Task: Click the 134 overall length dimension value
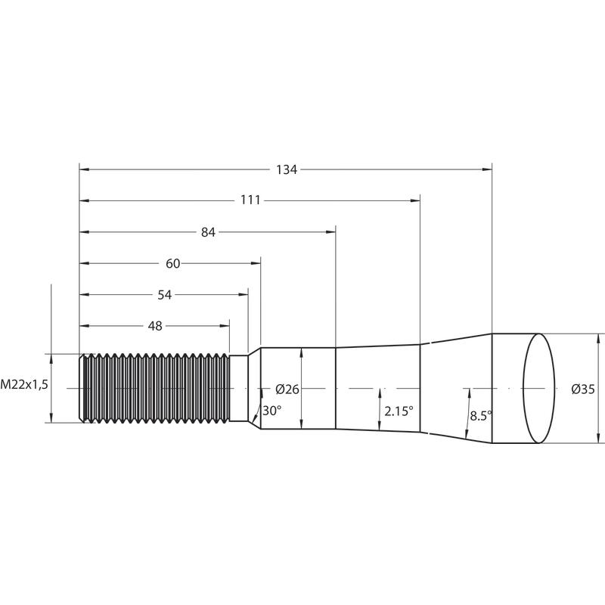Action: pyautogui.click(x=287, y=169)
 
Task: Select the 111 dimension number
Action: pyautogui.click(x=250, y=200)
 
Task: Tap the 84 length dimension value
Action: pyautogui.click(x=208, y=232)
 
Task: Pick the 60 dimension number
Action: pyautogui.click(x=173, y=263)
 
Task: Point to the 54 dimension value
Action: pyautogui.click(x=165, y=295)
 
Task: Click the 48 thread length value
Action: pyautogui.click(x=155, y=326)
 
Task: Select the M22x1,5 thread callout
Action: pyautogui.click(x=24, y=384)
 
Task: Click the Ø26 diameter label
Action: pyautogui.click(x=287, y=389)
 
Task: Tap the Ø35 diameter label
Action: pyautogui.click(x=583, y=389)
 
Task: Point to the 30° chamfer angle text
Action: pyautogui.click(x=271, y=411)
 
